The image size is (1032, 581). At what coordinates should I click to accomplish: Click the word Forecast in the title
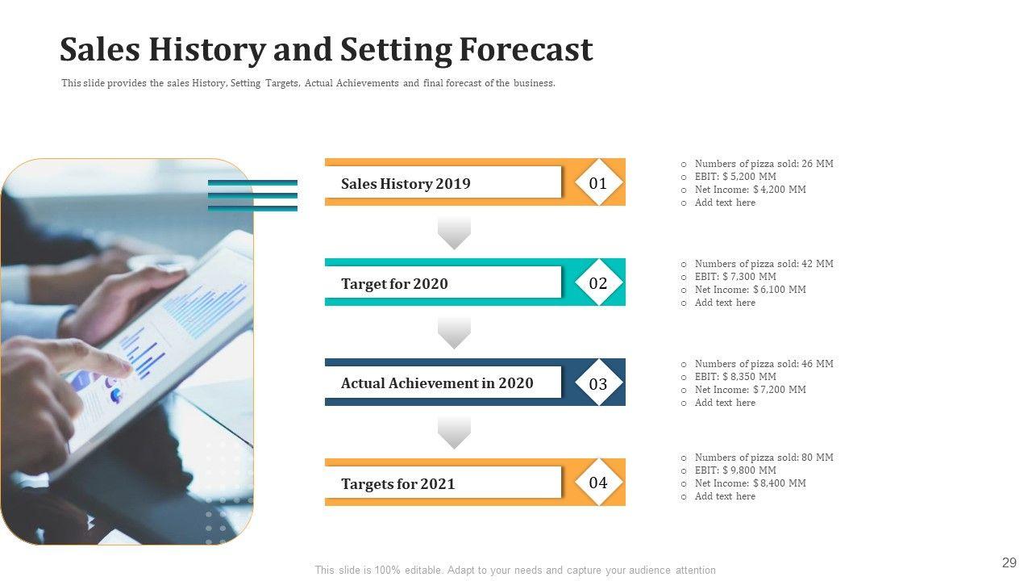[x=526, y=49]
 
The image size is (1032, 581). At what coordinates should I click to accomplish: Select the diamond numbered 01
[x=598, y=182]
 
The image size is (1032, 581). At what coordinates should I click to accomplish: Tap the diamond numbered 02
[x=598, y=282]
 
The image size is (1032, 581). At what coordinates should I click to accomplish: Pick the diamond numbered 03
[x=598, y=382]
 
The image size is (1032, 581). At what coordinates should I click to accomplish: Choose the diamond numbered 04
[x=598, y=483]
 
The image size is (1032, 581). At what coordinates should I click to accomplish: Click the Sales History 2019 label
[x=406, y=183]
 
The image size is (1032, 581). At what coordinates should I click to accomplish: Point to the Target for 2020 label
[x=394, y=283]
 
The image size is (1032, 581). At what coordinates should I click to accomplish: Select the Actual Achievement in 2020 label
[x=437, y=383]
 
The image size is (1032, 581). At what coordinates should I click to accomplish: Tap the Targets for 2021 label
[x=397, y=483]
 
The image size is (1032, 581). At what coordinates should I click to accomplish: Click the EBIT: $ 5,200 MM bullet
[x=735, y=177]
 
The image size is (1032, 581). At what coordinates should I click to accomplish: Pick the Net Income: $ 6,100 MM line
[x=751, y=290]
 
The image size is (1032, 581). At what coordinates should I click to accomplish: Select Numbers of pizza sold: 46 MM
[x=764, y=364]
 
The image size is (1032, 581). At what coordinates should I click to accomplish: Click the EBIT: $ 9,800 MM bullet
[x=735, y=470]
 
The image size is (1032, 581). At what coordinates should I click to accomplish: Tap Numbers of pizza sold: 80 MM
[x=764, y=458]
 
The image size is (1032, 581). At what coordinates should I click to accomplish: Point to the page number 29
[x=1009, y=562]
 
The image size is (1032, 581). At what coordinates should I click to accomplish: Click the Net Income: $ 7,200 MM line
[x=751, y=390]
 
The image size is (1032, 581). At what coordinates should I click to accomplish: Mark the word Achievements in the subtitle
[x=367, y=83]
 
